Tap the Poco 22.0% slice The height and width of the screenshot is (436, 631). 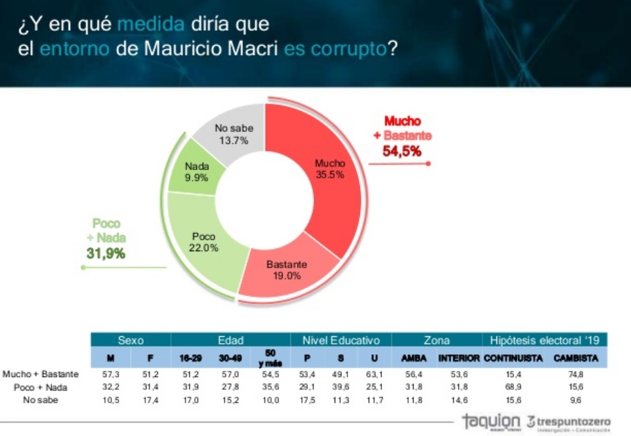click(203, 242)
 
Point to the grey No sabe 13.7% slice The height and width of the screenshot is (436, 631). click(232, 135)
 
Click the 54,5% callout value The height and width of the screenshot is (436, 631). click(401, 151)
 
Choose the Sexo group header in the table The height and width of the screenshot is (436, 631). click(130, 340)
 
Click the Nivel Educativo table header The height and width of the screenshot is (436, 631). click(341, 340)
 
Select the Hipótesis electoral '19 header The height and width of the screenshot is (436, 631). click(543, 340)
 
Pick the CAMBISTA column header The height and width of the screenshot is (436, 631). click(575, 358)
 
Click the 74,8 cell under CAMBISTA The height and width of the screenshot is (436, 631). click(575, 374)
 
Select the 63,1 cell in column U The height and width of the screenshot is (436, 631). click(379, 374)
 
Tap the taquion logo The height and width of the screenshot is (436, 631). click(490, 421)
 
